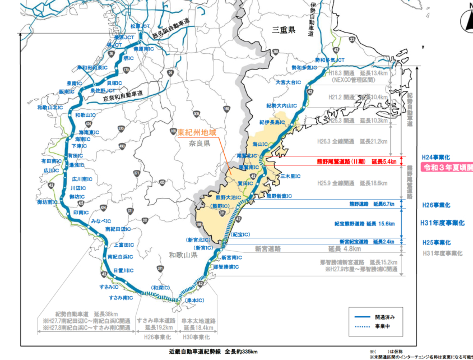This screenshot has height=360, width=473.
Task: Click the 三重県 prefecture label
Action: click(284, 29)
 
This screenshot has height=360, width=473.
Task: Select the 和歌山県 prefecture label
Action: click(183, 255)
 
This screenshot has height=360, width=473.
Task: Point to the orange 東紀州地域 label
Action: click(197, 133)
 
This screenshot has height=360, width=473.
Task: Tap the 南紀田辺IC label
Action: click(119, 230)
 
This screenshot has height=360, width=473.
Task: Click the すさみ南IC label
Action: click(121, 297)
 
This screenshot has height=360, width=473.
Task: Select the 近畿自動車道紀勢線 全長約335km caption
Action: click(213, 352)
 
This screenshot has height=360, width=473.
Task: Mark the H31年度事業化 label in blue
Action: click(442, 223)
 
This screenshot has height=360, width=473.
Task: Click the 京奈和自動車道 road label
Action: click(123, 96)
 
